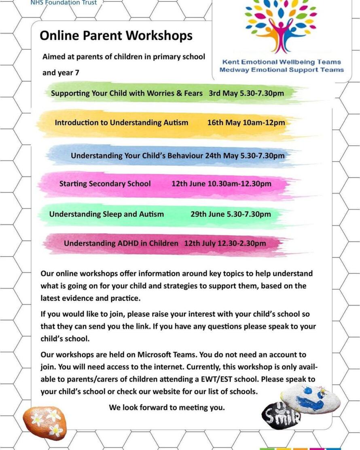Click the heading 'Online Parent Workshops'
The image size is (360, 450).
[116, 36]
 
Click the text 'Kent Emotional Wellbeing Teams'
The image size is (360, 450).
[282, 62]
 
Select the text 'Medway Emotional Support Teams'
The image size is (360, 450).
[282, 70]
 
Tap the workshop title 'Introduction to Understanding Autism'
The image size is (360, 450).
[121, 123]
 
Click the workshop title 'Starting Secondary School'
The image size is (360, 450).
[105, 184]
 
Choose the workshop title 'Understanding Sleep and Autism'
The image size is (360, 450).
[106, 214]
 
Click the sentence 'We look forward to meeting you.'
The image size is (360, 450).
[167, 407]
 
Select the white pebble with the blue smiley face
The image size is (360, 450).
[311, 398]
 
